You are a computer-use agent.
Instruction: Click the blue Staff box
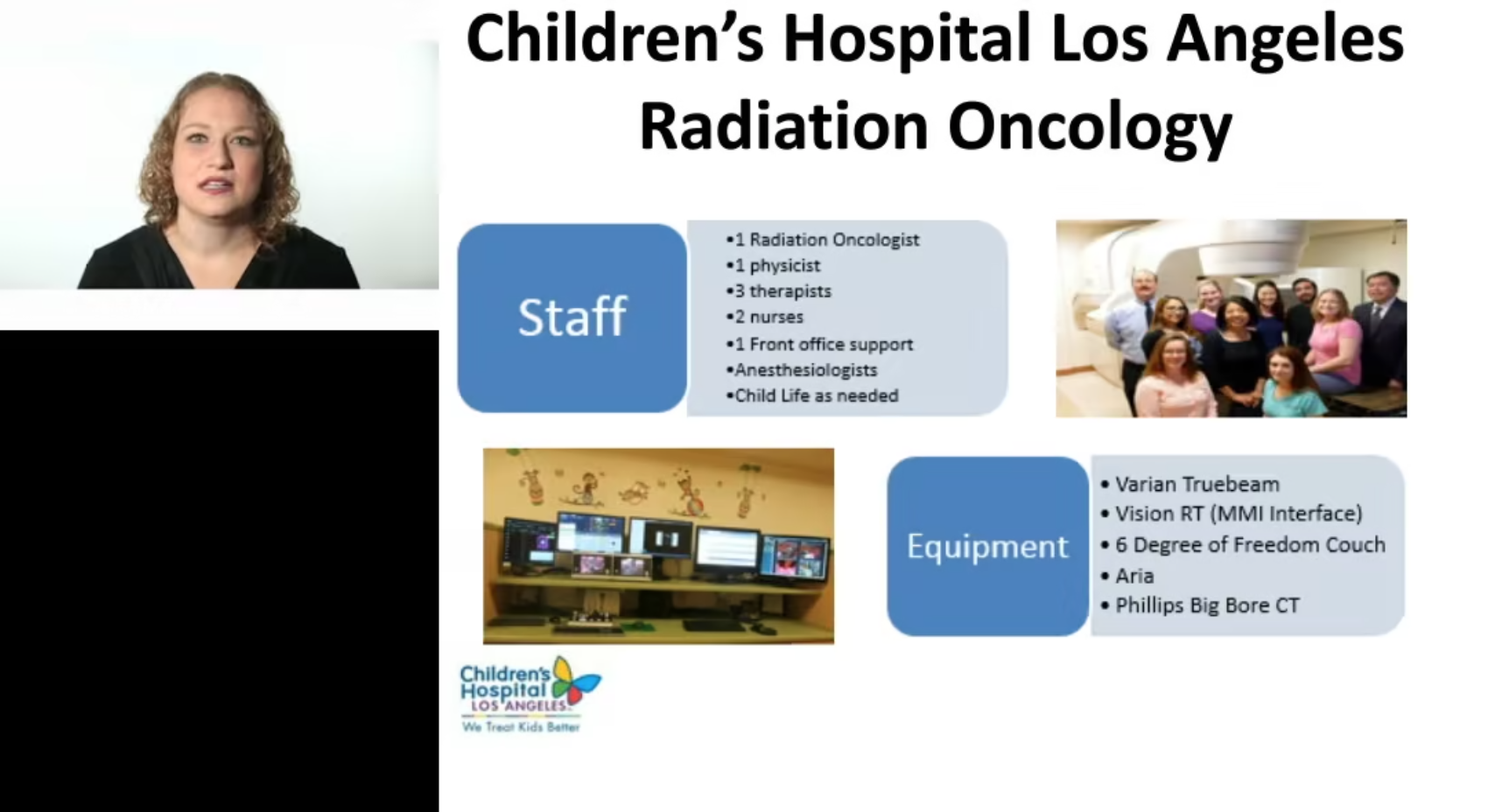click(572, 318)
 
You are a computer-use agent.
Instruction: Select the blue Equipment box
click(987, 546)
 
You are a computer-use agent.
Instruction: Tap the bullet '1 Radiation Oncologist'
click(823, 240)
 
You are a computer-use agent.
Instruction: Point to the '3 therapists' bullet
click(779, 291)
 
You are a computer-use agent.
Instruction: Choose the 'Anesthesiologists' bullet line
click(802, 370)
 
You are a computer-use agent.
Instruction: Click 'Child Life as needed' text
click(812, 395)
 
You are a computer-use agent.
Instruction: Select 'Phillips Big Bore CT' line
click(1200, 605)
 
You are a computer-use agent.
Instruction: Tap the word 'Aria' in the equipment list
click(1134, 576)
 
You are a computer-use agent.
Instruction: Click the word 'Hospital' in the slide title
click(907, 40)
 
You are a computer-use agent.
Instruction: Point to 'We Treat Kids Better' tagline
click(521, 727)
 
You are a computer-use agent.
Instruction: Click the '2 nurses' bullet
click(765, 318)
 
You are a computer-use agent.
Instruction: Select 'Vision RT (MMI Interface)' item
click(1232, 514)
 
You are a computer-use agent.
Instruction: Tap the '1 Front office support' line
click(819, 345)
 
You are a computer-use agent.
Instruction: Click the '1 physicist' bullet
click(774, 266)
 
